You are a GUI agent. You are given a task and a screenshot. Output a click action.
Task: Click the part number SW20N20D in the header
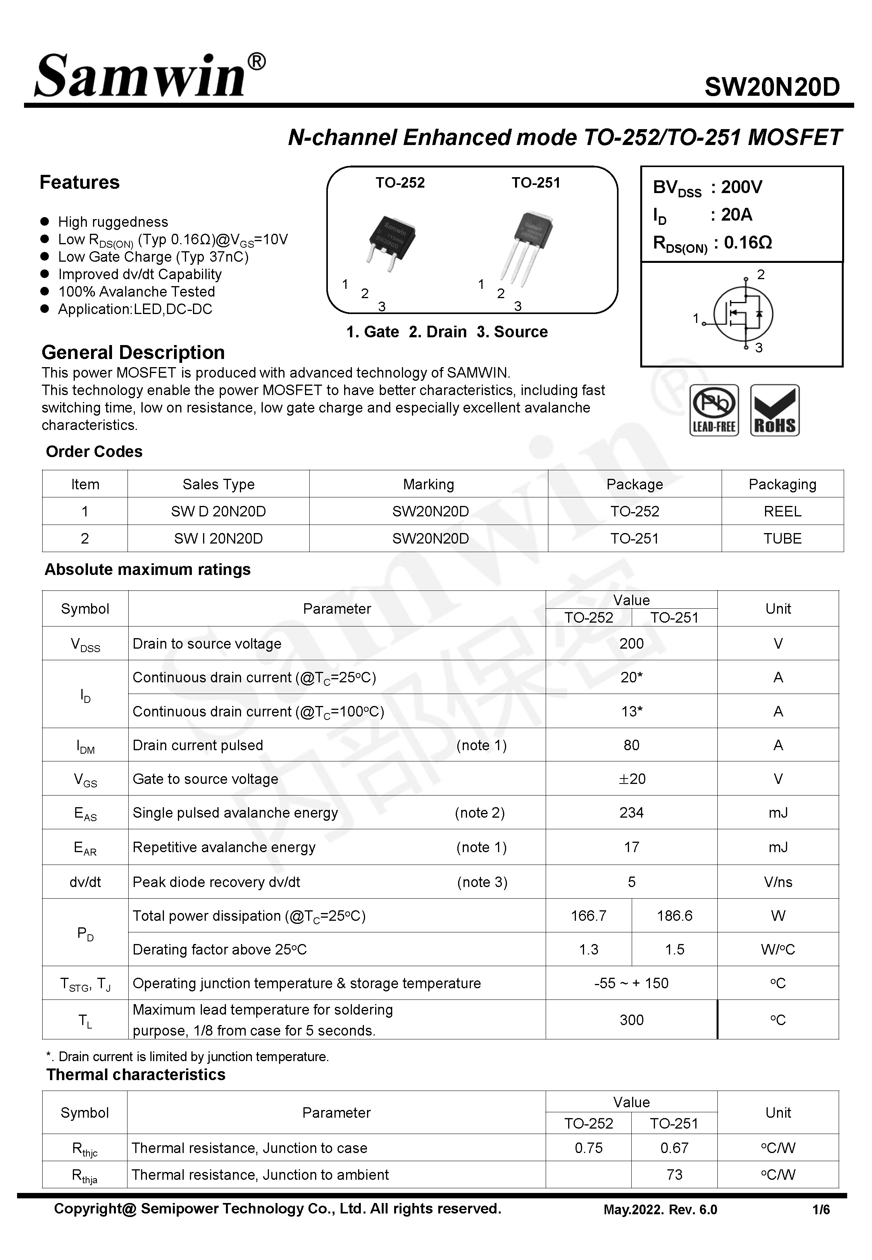(x=772, y=87)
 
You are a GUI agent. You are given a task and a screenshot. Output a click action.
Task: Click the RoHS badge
(x=774, y=410)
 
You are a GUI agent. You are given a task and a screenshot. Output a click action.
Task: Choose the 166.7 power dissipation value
(x=588, y=916)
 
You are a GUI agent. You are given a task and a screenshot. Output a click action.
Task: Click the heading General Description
(x=133, y=352)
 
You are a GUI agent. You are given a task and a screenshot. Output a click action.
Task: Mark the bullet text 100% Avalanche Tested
(x=136, y=292)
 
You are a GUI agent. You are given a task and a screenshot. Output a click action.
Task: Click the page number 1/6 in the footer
(x=820, y=1210)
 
